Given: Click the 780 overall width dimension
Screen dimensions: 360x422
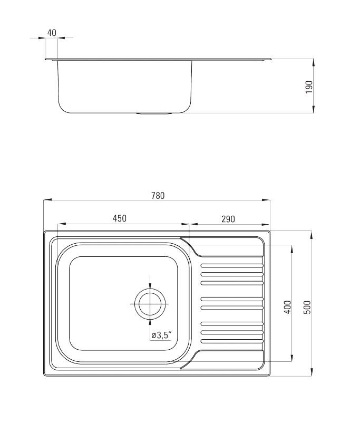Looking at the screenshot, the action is click(158, 195).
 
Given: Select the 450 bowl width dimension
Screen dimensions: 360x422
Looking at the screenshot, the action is click(119, 218).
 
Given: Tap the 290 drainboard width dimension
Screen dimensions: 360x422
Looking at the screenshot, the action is click(228, 219).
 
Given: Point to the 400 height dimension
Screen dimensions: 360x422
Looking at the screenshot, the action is click(287, 307).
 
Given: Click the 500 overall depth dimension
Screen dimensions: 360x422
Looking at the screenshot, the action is click(307, 307).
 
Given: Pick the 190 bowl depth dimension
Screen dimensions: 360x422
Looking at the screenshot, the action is click(309, 87).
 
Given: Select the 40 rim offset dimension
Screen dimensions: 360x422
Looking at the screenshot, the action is click(52, 33).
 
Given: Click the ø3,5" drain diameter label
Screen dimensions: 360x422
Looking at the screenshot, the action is click(161, 335).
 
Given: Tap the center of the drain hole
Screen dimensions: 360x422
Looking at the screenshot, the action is click(150, 304).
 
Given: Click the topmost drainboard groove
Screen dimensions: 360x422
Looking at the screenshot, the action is click(232, 266).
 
